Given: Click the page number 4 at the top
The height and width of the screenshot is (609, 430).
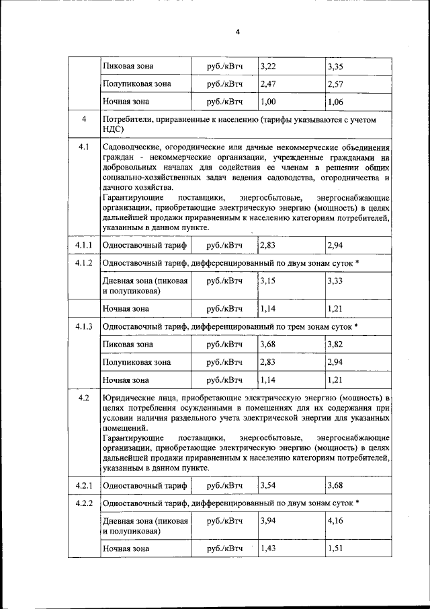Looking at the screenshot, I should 237,32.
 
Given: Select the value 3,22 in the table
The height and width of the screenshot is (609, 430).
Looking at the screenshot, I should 267,66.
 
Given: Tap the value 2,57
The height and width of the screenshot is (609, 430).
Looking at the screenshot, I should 335,84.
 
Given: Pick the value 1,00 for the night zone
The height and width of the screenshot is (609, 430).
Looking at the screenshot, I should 267,102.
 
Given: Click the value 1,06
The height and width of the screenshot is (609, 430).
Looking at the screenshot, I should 335,102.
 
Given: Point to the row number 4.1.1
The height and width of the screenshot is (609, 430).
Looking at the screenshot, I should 84,245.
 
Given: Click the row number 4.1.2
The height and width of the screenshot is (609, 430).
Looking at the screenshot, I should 84,262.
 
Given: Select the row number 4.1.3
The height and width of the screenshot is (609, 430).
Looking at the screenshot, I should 84,327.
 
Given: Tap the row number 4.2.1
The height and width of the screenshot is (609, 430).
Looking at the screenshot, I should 84,485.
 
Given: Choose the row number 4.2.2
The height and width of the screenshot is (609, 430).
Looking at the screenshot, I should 84,503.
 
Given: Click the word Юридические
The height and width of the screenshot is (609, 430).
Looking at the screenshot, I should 130,398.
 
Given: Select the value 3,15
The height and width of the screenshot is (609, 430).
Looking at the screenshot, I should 267,281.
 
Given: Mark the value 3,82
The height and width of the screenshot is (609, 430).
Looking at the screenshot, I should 335,345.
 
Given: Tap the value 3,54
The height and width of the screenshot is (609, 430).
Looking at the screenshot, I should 267,485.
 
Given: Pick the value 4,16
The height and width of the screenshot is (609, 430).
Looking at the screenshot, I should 335,521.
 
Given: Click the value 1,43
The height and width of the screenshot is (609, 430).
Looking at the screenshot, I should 267,549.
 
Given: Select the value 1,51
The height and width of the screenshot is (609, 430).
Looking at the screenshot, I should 335,549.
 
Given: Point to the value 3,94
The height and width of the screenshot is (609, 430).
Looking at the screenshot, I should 267,521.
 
